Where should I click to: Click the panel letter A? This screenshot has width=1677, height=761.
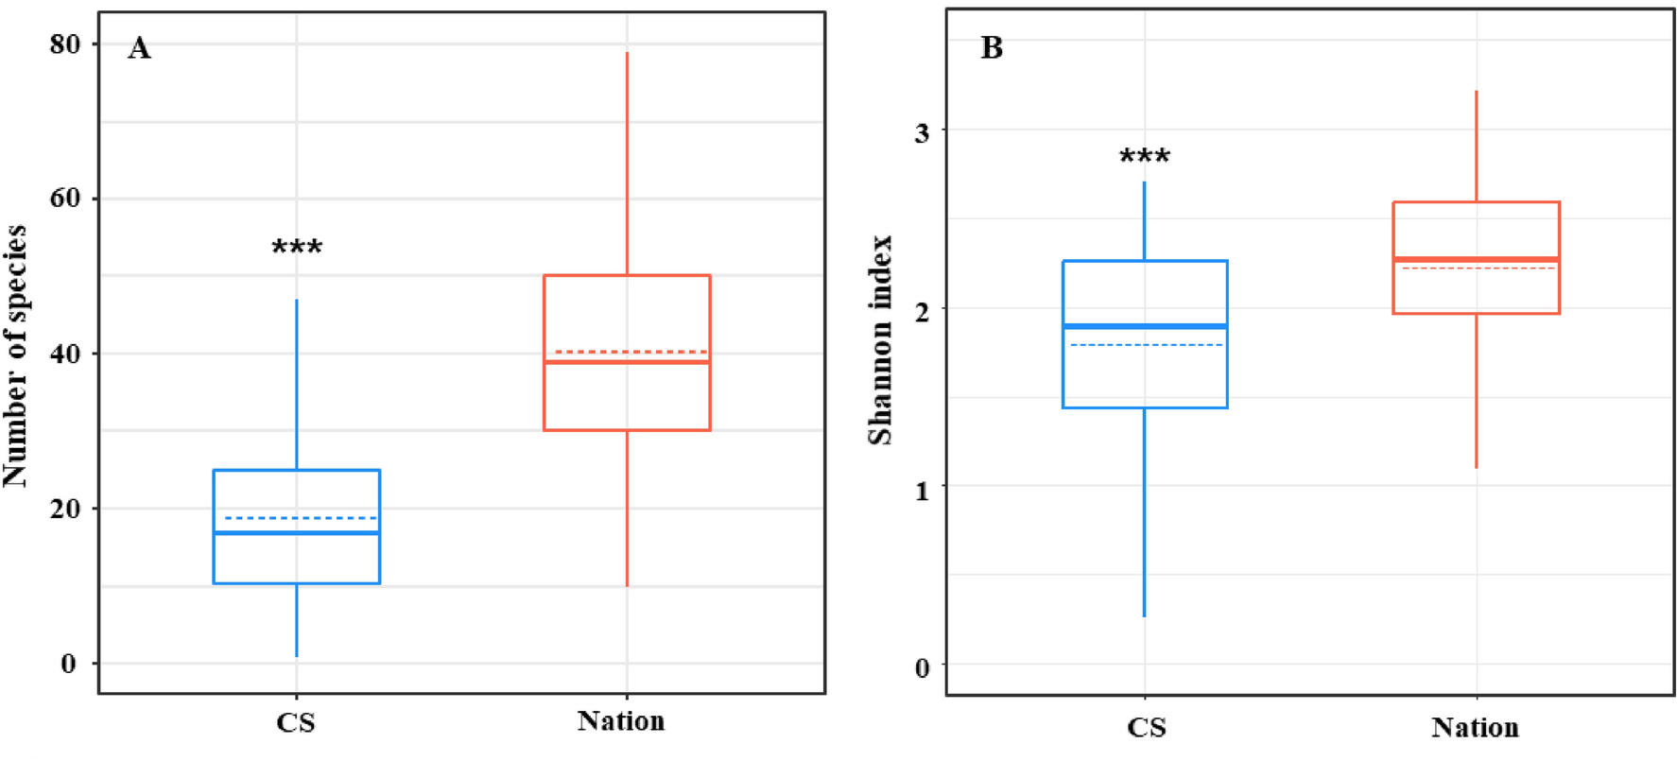[139, 48]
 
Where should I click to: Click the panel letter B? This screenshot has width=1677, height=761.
[991, 47]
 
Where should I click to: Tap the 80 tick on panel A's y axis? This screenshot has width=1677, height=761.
[65, 44]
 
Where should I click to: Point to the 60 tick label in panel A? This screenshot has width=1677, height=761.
[65, 199]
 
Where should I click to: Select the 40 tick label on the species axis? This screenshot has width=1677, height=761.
[65, 354]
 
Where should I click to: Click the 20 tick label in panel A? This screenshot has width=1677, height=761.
[65, 509]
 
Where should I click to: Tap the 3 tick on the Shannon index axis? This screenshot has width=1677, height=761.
[922, 132]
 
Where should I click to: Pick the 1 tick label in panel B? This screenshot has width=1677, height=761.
[922, 490]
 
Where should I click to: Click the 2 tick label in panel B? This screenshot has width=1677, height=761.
[922, 311]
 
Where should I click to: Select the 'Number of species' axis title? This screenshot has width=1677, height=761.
[16, 355]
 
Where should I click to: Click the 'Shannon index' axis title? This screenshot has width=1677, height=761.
[880, 340]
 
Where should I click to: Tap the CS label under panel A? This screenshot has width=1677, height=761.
[296, 723]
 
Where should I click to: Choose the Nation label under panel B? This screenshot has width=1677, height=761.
[1475, 727]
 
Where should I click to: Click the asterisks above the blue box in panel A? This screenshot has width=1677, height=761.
[297, 249]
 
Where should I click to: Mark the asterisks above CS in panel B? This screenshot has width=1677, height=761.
[1145, 157]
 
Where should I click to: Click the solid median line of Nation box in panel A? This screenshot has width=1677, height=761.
[627, 362]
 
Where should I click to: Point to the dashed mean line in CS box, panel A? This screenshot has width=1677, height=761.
[297, 518]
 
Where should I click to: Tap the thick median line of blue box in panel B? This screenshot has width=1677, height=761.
[1145, 326]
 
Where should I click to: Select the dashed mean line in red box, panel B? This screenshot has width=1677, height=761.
[1476, 268]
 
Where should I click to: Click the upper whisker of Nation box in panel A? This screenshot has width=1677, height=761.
[627, 161]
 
